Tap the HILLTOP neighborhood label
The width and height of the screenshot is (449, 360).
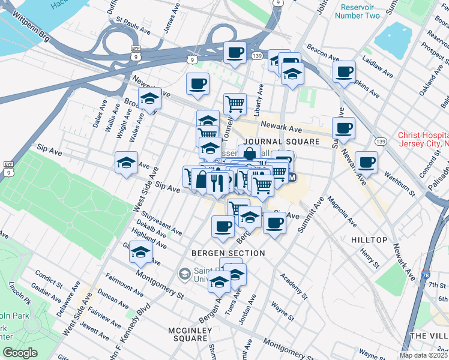(x=369, y=240)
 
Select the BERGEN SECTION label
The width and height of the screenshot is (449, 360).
(x=228, y=253)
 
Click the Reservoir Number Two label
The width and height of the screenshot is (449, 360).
(x=360, y=11)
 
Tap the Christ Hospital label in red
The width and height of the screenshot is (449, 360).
(x=423, y=140)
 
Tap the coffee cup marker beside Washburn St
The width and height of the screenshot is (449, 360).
(x=366, y=161)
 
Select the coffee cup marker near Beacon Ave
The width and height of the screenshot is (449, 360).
(x=344, y=72)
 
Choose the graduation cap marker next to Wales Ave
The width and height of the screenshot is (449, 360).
(x=149, y=98)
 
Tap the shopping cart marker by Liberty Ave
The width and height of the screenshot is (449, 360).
(x=235, y=104)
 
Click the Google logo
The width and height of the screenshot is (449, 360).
(x=20, y=353)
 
